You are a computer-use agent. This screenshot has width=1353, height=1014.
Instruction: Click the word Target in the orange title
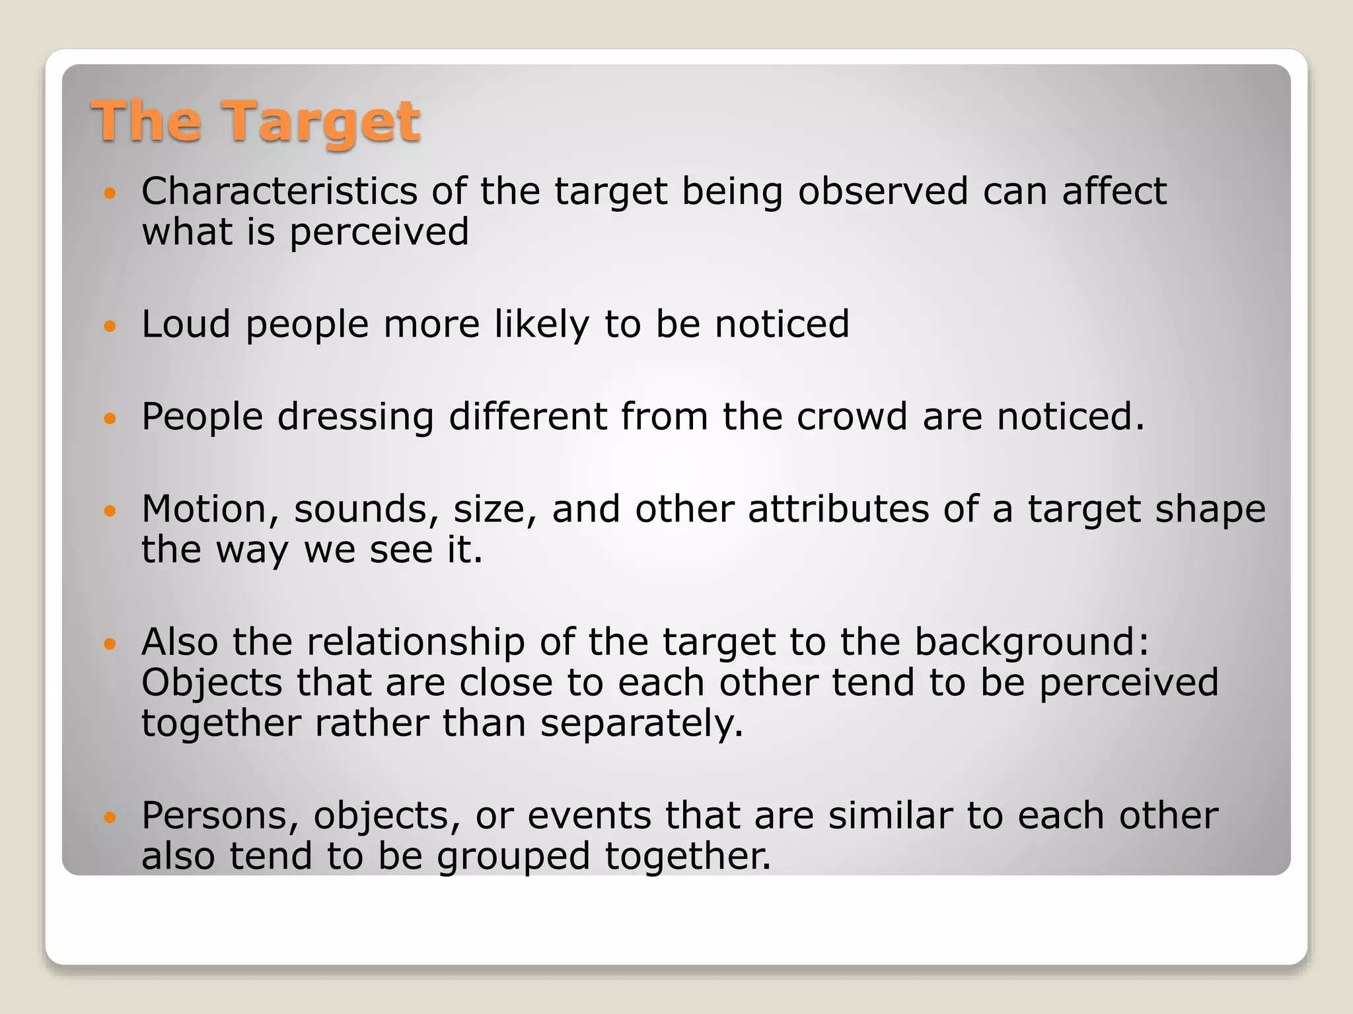(322, 122)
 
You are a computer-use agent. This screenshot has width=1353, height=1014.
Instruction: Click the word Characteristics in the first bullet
(279, 191)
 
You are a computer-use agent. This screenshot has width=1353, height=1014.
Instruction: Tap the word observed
(883, 191)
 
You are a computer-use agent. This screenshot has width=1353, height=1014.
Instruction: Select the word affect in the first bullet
(1115, 191)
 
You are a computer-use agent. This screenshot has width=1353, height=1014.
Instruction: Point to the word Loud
(186, 324)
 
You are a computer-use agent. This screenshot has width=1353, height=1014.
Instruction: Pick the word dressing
(355, 417)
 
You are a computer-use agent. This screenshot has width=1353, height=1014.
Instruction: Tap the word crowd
(852, 417)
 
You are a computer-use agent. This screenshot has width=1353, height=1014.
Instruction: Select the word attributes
(838, 509)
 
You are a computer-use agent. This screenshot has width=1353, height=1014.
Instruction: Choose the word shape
(1210, 509)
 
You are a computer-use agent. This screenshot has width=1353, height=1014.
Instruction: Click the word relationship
(416, 642)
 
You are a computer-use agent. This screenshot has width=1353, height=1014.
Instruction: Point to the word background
(1031, 642)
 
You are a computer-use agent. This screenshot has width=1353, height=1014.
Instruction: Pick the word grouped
(513, 856)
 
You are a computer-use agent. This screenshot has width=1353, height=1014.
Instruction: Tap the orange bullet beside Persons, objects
(110, 817)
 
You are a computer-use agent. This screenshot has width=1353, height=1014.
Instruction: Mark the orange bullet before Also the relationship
(110, 643)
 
